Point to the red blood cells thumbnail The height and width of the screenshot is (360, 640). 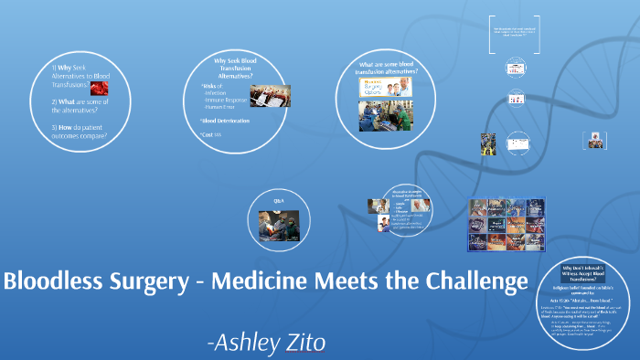[98, 89]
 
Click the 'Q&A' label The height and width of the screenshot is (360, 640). [280, 199]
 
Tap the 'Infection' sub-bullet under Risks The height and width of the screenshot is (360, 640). [216, 93]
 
